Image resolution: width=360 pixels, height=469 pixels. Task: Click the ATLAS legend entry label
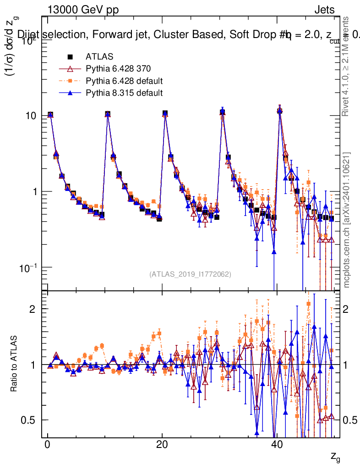click(x=96, y=57)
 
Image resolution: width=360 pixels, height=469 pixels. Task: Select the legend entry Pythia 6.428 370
click(x=118, y=69)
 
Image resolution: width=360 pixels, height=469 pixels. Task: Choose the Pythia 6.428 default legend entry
click(x=124, y=81)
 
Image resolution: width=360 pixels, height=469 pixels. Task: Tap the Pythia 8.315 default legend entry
click(x=124, y=93)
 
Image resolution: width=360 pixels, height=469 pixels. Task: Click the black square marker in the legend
click(x=70, y=57)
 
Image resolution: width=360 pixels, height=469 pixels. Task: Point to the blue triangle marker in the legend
click(x=70, y=93)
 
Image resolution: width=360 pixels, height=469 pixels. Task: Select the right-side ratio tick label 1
click(x=348, y=365)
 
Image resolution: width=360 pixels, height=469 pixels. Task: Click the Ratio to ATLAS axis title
click(x=15, y=365)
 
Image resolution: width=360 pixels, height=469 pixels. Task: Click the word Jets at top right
click(x=324, y=10)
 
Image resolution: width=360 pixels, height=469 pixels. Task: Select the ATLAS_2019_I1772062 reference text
click(x=190, y=274)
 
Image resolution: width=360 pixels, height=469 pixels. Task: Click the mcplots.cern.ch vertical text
click(x=347, y=220)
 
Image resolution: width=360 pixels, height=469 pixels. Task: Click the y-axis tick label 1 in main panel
click(x=36, y=191)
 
